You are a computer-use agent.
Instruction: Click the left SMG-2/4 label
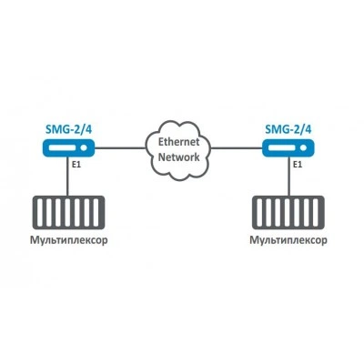[x=68, y=129]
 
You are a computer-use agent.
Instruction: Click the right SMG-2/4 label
[x=288, y=129]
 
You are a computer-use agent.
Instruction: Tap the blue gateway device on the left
[x=68, y=148]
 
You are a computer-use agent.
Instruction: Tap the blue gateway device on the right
[x=288, y=148]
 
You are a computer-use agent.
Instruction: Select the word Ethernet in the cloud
[x=179, y=142]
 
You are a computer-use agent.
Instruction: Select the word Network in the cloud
[x=179, y=157]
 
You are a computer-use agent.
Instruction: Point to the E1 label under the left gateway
[x=76, y=165]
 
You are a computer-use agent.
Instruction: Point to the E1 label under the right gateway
[x=298, y=165]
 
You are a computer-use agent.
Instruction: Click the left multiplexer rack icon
[x=68, y=212]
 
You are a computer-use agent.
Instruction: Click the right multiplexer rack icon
[x=288, y=212]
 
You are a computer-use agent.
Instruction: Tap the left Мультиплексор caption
[x=69, y=240]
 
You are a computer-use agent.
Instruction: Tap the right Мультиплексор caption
[x=288, y=240]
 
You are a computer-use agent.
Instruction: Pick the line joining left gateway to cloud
[x=120, y=148]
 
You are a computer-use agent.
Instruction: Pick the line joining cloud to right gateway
[x=237, y=148]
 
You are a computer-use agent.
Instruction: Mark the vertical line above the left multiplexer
[x=67, y=177]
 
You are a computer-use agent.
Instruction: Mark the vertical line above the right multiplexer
[x=289, y=177]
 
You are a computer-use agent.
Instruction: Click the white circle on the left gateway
[x=84, y=148]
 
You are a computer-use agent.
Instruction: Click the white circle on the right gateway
[x=304, y=148]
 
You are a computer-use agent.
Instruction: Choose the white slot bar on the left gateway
[x=63, y=148]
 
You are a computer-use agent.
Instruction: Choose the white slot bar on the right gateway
[x=283, y=148]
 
